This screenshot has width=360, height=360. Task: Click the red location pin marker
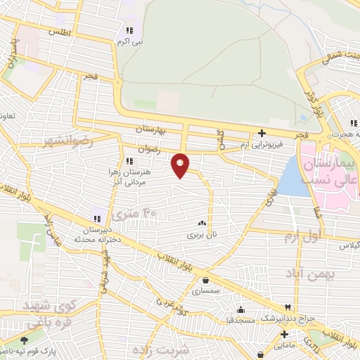(x=181, y=165)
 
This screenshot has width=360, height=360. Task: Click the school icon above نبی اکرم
(x=129, y=31)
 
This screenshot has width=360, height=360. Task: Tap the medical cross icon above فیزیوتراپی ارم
(x=262, y=132)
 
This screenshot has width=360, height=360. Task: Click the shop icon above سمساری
(x=205, y=281)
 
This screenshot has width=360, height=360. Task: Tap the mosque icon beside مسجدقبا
(x=240, y=310)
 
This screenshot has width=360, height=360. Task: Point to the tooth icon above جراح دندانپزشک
(x=287, y=307)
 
